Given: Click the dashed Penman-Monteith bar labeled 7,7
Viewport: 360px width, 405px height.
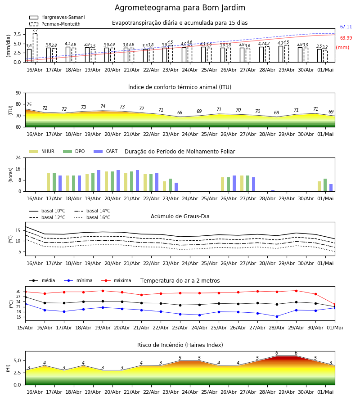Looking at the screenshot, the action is [35, 48].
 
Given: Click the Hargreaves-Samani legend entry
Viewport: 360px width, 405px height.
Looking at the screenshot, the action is [57, 17].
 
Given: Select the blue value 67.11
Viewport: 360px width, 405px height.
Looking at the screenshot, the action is [346, 27].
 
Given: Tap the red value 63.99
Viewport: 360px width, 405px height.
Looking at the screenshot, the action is [346, 38].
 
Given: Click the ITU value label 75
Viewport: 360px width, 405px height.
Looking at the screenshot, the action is [29, 104].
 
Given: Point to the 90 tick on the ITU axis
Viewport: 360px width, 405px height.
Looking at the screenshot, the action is [18, 93].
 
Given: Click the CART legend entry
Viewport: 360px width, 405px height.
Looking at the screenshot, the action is [106, 151].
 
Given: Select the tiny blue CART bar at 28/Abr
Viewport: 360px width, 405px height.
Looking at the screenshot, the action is [273, 191].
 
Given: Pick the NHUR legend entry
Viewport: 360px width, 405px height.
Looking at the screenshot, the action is [42, 151].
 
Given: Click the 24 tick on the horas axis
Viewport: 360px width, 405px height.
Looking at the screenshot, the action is [18, 157].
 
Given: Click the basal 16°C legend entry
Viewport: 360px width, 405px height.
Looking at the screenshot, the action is [92, 217].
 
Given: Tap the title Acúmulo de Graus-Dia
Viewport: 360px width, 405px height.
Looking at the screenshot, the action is [180, 216].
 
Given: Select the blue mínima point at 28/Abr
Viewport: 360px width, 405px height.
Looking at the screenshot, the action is [277, 316].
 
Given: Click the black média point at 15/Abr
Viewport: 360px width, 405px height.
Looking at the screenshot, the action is [26, 297].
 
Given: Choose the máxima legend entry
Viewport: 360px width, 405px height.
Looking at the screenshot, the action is [116, 280].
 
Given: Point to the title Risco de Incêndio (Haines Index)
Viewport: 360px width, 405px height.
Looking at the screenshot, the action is [180, 345].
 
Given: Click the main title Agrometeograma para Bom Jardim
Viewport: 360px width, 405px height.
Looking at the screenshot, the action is [180, 8].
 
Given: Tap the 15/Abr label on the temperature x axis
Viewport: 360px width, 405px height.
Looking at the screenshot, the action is [25, 328].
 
